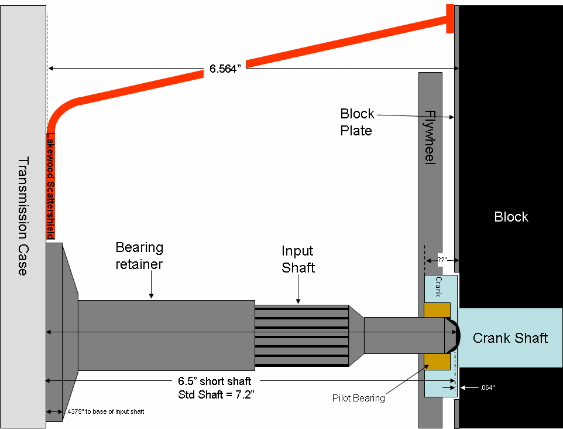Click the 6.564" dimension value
coord(226,69)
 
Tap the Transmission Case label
coord(23,216)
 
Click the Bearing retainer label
coord(139,256)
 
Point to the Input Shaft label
coord(298,259)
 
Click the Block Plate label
coord(356,122)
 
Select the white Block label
coord(511,217)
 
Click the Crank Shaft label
coord(510,338)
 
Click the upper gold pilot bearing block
coord(437,310)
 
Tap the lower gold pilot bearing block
coord(437,362)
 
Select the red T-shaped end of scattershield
coord(450,19)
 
